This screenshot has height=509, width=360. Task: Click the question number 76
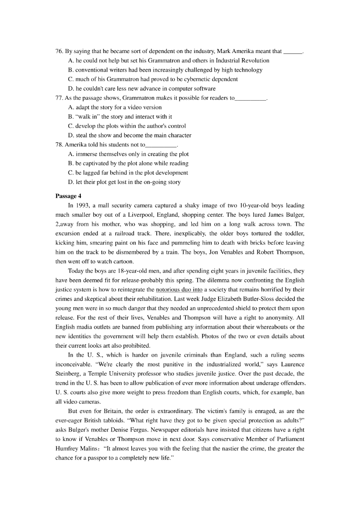tap(59, 52)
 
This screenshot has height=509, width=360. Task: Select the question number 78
tap(59, 145)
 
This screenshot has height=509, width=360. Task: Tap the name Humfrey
tap(68, 448)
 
